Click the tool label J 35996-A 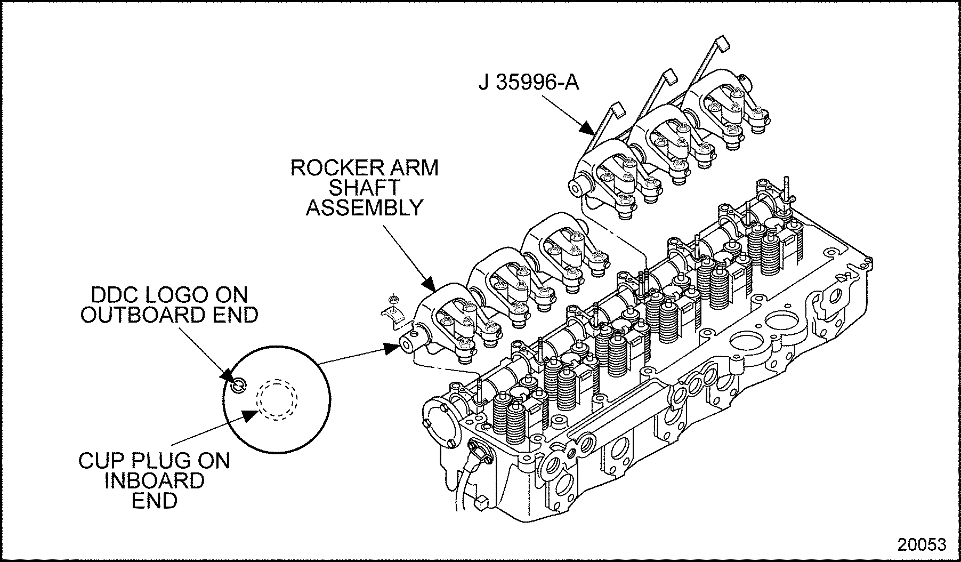tap(528, 84)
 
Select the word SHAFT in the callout tap(364, 188)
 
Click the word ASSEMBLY tap(364, 207)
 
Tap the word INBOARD tap(154, 480)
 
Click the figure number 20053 tap(922, 544)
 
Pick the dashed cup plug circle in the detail tap(277, 399)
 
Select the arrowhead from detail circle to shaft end tap(392, 348)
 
